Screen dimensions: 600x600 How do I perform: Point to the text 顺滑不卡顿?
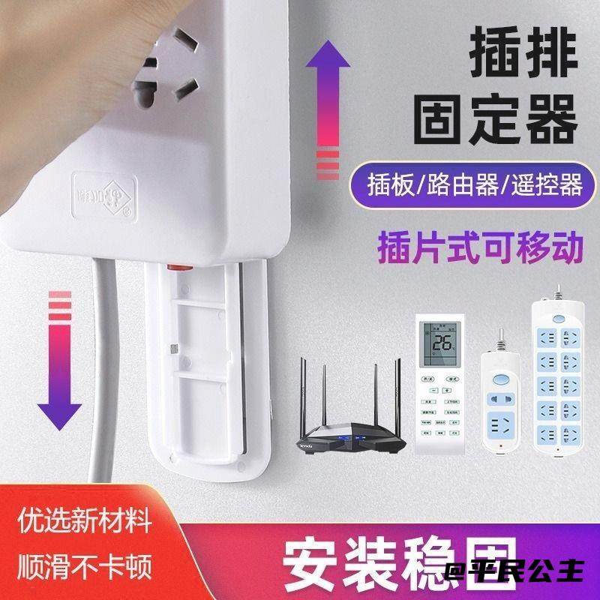[85, 560]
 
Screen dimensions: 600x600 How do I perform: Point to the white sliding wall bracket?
[202, 367]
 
